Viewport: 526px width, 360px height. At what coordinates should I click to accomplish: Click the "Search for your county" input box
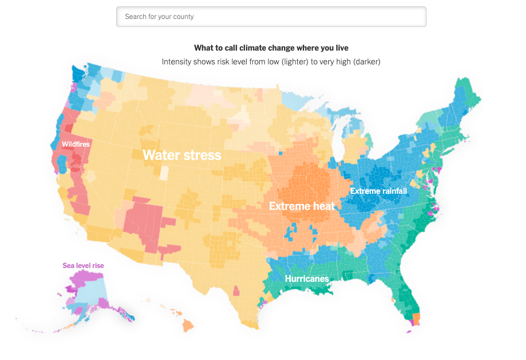[271, 17]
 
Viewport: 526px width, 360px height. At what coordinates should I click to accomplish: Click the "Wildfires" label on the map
[76, 144]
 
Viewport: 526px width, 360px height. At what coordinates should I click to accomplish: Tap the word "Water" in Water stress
[161, 155]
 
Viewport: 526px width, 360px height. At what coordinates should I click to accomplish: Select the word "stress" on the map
[202, 155]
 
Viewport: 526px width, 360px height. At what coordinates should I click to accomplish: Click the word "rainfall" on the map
[393, 191]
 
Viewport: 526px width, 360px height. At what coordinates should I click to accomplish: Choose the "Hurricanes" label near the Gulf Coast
[307, 279]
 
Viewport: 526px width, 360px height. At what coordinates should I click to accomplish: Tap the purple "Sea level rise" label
[83, 266]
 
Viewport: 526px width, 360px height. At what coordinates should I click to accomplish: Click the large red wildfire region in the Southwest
[147, 221]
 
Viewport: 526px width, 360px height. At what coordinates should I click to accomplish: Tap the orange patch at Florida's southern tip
[416, 318]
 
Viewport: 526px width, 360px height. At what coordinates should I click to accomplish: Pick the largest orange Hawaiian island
[188, 326]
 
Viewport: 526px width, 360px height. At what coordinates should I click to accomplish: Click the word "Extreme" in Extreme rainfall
[364, 191]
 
